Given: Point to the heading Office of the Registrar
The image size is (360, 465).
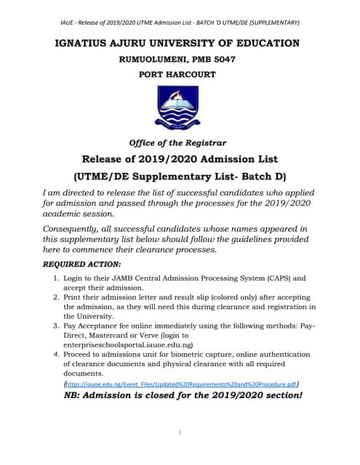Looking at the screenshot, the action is coord(179,142).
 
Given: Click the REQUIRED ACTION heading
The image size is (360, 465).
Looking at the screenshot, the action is coord(85,264).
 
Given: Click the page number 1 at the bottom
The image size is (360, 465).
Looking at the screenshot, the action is coord(179,433).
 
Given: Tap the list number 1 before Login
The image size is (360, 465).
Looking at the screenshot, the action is coord(57,278).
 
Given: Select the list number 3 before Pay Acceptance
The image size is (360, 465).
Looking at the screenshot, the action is coord(57,326).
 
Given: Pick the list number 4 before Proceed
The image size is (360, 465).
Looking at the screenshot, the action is coord(57,355).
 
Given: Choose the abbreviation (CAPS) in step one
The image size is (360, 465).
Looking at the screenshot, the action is coord(279,278).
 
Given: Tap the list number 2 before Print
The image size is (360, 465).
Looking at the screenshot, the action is coord(57,297).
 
